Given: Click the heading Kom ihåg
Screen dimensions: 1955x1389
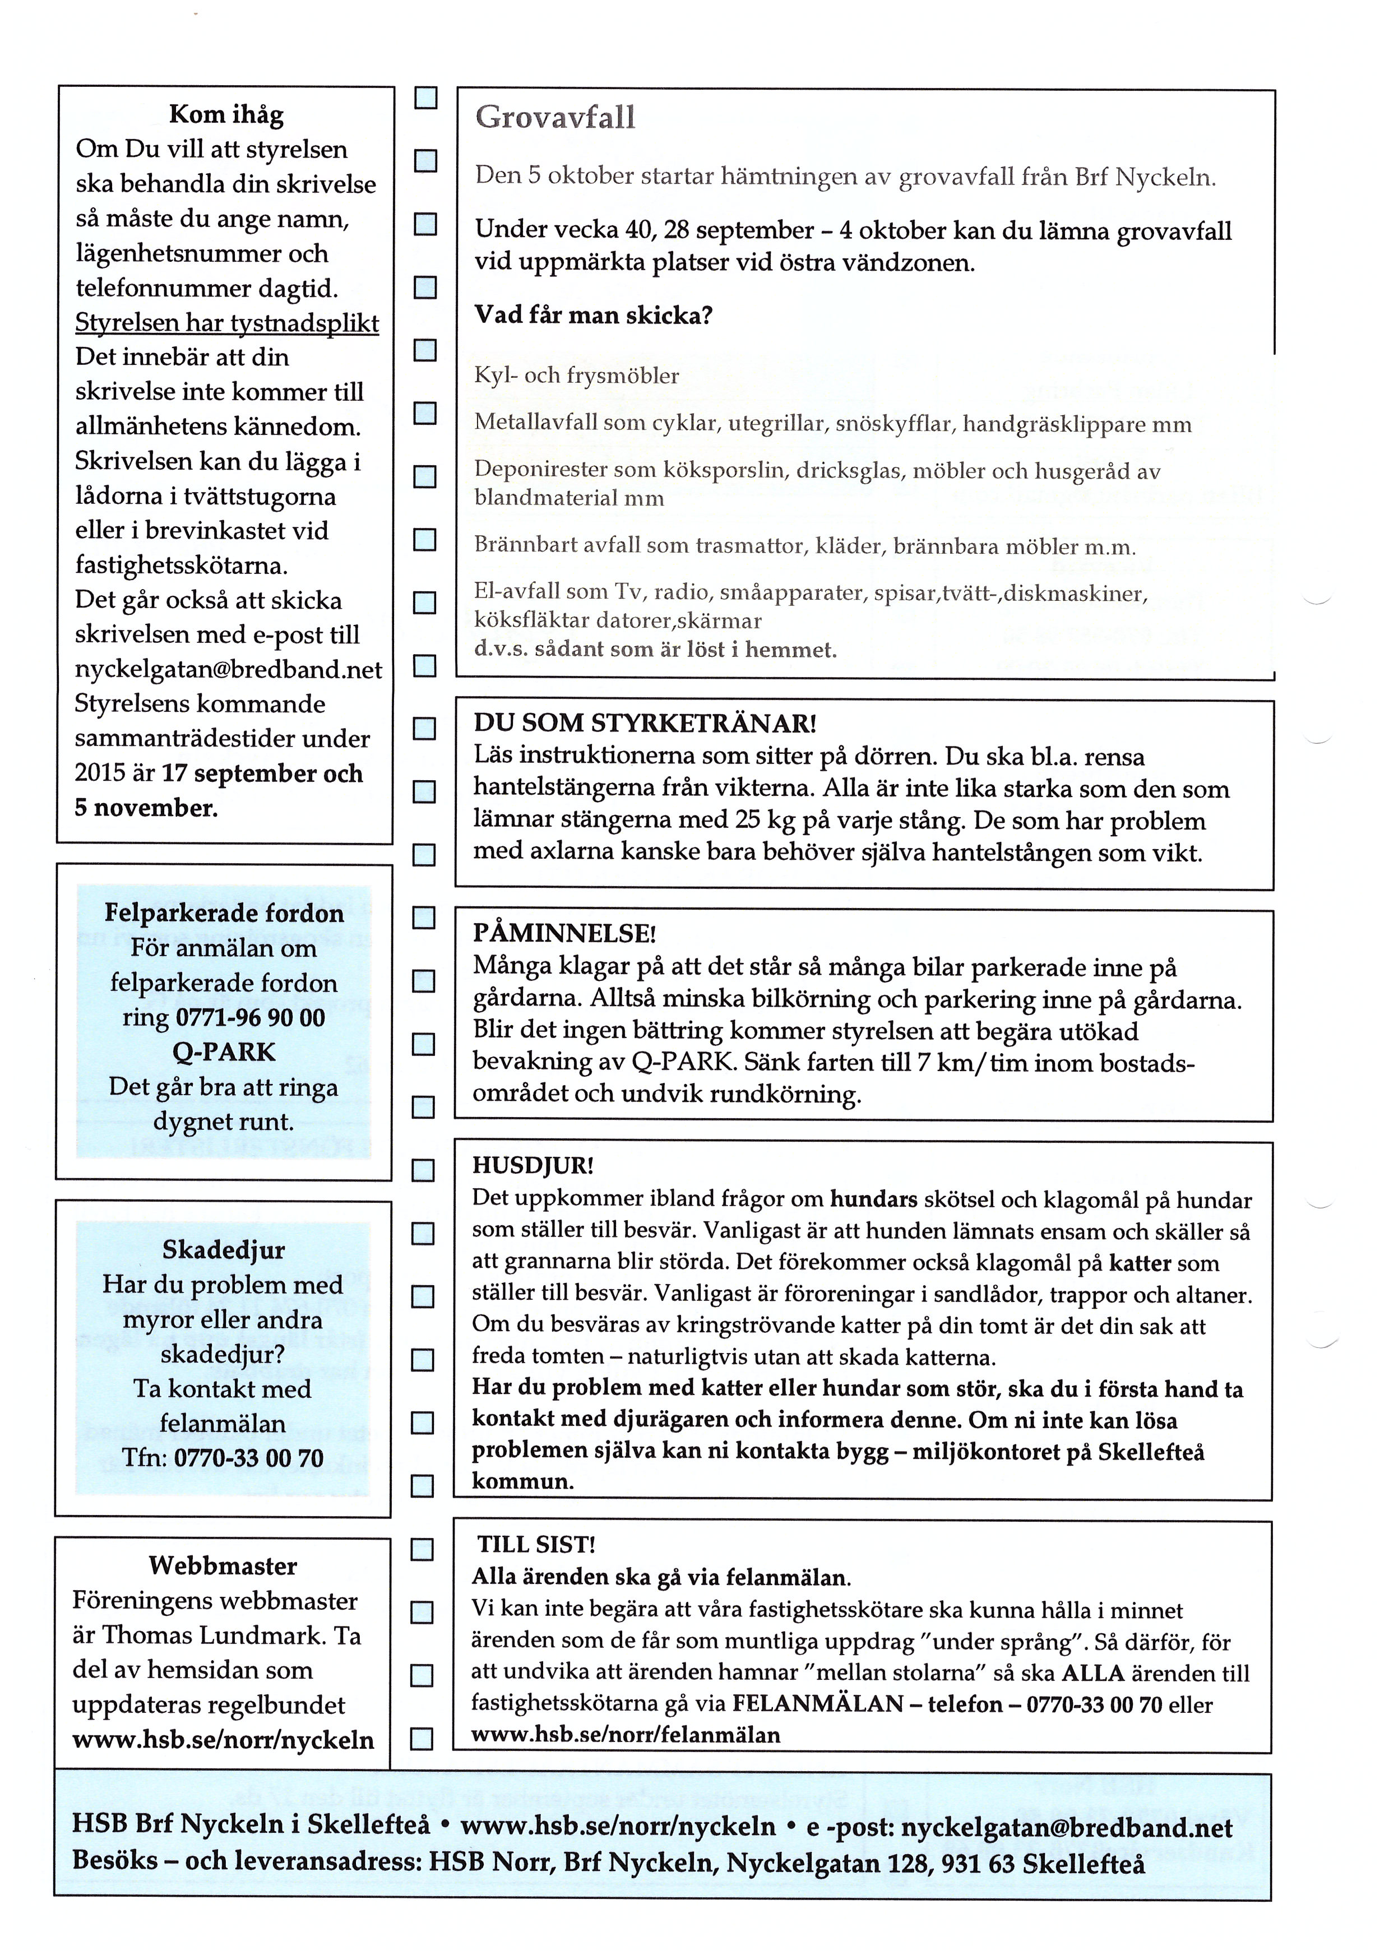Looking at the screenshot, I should pos(226,114).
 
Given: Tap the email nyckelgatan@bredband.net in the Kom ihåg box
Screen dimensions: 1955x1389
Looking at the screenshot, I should pos(228,669).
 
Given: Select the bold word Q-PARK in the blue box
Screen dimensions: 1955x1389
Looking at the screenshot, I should pos(224,1052).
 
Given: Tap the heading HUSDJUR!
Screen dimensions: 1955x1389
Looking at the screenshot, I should pos(533,1166).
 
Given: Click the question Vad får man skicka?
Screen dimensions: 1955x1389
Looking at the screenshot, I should pos(594,316).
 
